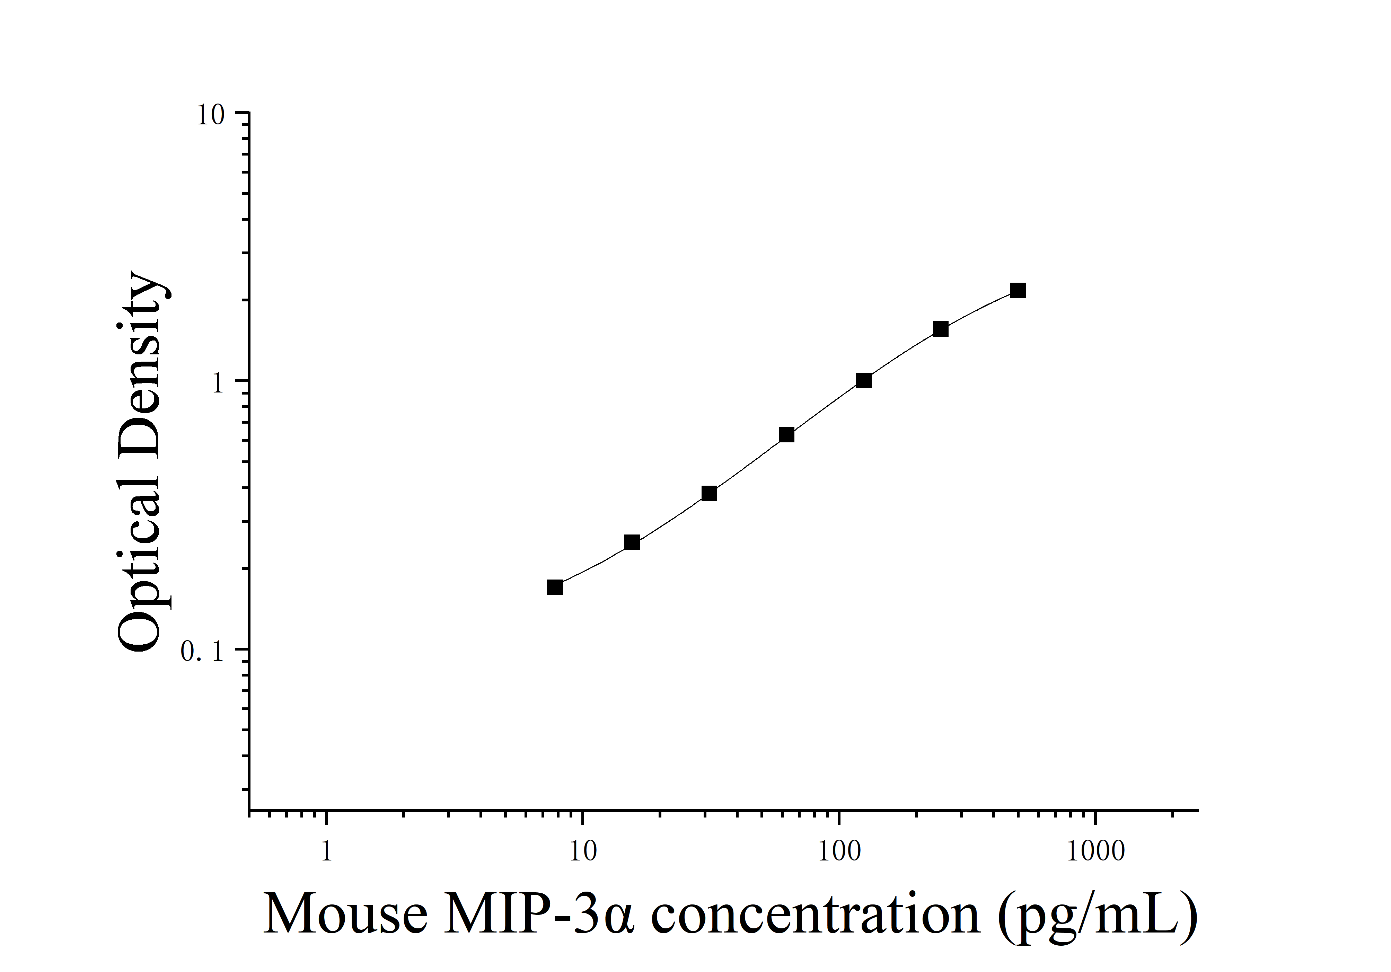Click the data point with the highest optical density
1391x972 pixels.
point(1018,291)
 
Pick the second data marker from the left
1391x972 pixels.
point(632,542)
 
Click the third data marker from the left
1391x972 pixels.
point(710,494)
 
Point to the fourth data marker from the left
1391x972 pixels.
point(786,434)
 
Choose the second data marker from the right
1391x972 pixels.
point(940,329)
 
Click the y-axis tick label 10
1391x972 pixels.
point(210,115)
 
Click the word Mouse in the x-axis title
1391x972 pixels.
point(345,914)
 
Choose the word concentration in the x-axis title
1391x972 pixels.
point(815,914)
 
